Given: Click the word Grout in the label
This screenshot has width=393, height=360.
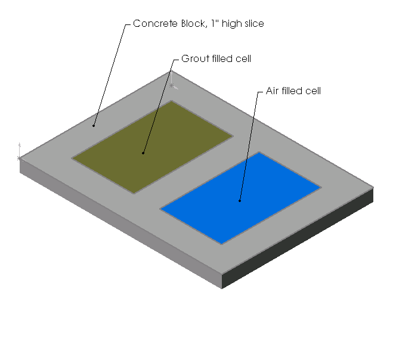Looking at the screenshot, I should point(195,59).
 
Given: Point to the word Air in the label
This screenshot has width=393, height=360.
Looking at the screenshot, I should point(273,91).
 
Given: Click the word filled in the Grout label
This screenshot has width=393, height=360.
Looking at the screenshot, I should point(224,59).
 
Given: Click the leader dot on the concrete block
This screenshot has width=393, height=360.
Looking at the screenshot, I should point(94,126).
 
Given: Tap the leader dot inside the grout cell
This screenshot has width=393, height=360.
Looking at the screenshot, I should point(144,153).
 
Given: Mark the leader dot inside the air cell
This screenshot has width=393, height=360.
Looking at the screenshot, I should point(240,201).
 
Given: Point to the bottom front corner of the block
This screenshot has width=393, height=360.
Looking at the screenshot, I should point(222,288).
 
